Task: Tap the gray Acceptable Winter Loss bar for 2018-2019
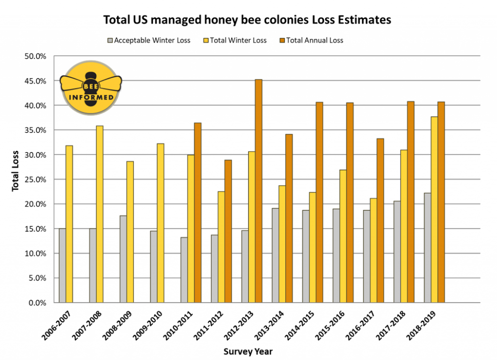pos(427,248)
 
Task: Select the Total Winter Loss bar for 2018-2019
pos(434,209)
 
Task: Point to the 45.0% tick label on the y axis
pos(35,81)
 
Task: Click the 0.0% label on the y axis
pos(37,303)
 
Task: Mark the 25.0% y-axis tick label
pos(35,180)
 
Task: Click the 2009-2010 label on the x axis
pos(148,326)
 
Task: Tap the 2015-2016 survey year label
pos(330,326)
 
